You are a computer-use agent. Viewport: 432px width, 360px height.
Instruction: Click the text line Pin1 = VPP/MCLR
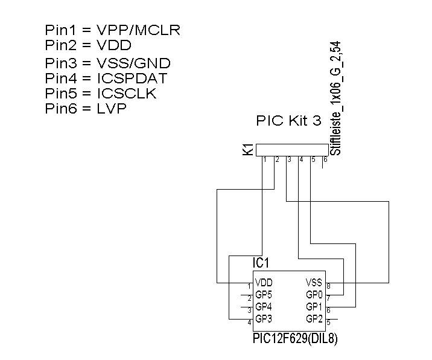pos(112,30)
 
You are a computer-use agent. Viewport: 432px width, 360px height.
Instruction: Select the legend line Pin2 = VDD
pos(88,45)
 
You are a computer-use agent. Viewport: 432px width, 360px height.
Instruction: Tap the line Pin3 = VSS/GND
pos(107,63)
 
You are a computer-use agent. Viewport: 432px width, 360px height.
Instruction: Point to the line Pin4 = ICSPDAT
pos(106,78)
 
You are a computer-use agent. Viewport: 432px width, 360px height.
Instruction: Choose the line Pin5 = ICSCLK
pos(101,93)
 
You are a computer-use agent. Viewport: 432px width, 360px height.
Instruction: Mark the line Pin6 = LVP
pos(86,109)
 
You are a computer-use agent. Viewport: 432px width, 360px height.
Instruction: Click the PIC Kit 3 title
pos(289,121)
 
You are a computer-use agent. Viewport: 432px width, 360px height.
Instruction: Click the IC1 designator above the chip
pos(261,263)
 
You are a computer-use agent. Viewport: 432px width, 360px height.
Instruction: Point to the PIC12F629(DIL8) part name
pos(295,339)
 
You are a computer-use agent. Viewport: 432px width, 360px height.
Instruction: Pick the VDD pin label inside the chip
pos(264,282)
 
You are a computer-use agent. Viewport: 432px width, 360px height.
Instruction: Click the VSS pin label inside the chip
pos(314,282)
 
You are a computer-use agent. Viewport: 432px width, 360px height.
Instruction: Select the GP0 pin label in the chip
pos(314,295)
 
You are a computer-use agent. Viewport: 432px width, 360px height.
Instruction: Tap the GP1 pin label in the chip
pos(314,307)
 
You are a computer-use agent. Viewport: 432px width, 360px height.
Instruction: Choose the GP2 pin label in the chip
pos(314,319)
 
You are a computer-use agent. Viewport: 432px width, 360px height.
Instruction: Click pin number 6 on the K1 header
pos(325,160)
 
